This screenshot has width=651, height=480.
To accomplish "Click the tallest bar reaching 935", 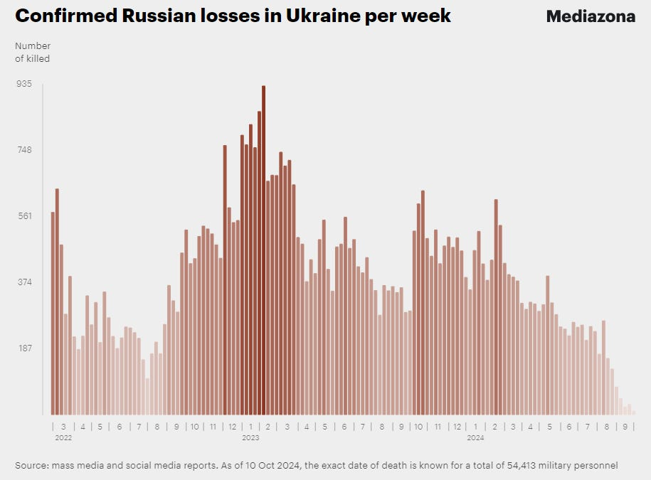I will click(x=263, y=249).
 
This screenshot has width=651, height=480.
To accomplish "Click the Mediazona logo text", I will click(x=591, y=16).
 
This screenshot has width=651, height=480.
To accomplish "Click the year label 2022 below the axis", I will click(x=63, y=438).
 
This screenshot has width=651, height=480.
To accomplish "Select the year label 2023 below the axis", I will click(x=250, y=438).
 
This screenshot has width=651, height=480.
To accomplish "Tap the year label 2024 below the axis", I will click(x=475, y=438).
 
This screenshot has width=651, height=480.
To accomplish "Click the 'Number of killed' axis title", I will click(x=32, y=53).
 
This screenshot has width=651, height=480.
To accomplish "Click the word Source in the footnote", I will click(x=31, y=466).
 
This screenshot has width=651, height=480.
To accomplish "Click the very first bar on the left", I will click(x=53, y=313).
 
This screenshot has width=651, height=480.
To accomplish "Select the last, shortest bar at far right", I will click(x=633, y=412).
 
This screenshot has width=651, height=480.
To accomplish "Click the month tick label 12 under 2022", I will click(x=232, y=427).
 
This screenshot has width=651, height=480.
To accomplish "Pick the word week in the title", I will click(x=428, y=16).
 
